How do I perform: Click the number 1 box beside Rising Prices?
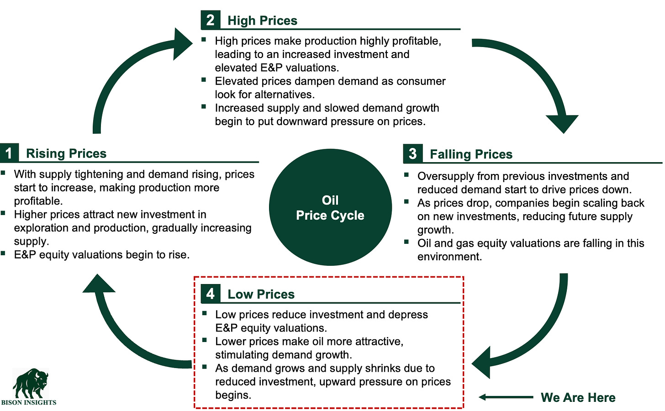[9, 153]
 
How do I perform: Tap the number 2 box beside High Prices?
[210, 20]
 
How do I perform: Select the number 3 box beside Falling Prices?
[412, 154]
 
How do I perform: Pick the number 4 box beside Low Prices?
[210, 294]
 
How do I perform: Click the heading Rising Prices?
[66, 153]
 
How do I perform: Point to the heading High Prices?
[262, 21]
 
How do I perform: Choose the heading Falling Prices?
[471, 154]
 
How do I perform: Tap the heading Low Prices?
[261, 294]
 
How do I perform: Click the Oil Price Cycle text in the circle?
[330, 208]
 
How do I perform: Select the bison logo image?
[31, 384]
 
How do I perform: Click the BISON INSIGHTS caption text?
[29, 402]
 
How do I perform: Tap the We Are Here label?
[578, 397]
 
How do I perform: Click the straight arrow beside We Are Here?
[506, 397]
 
